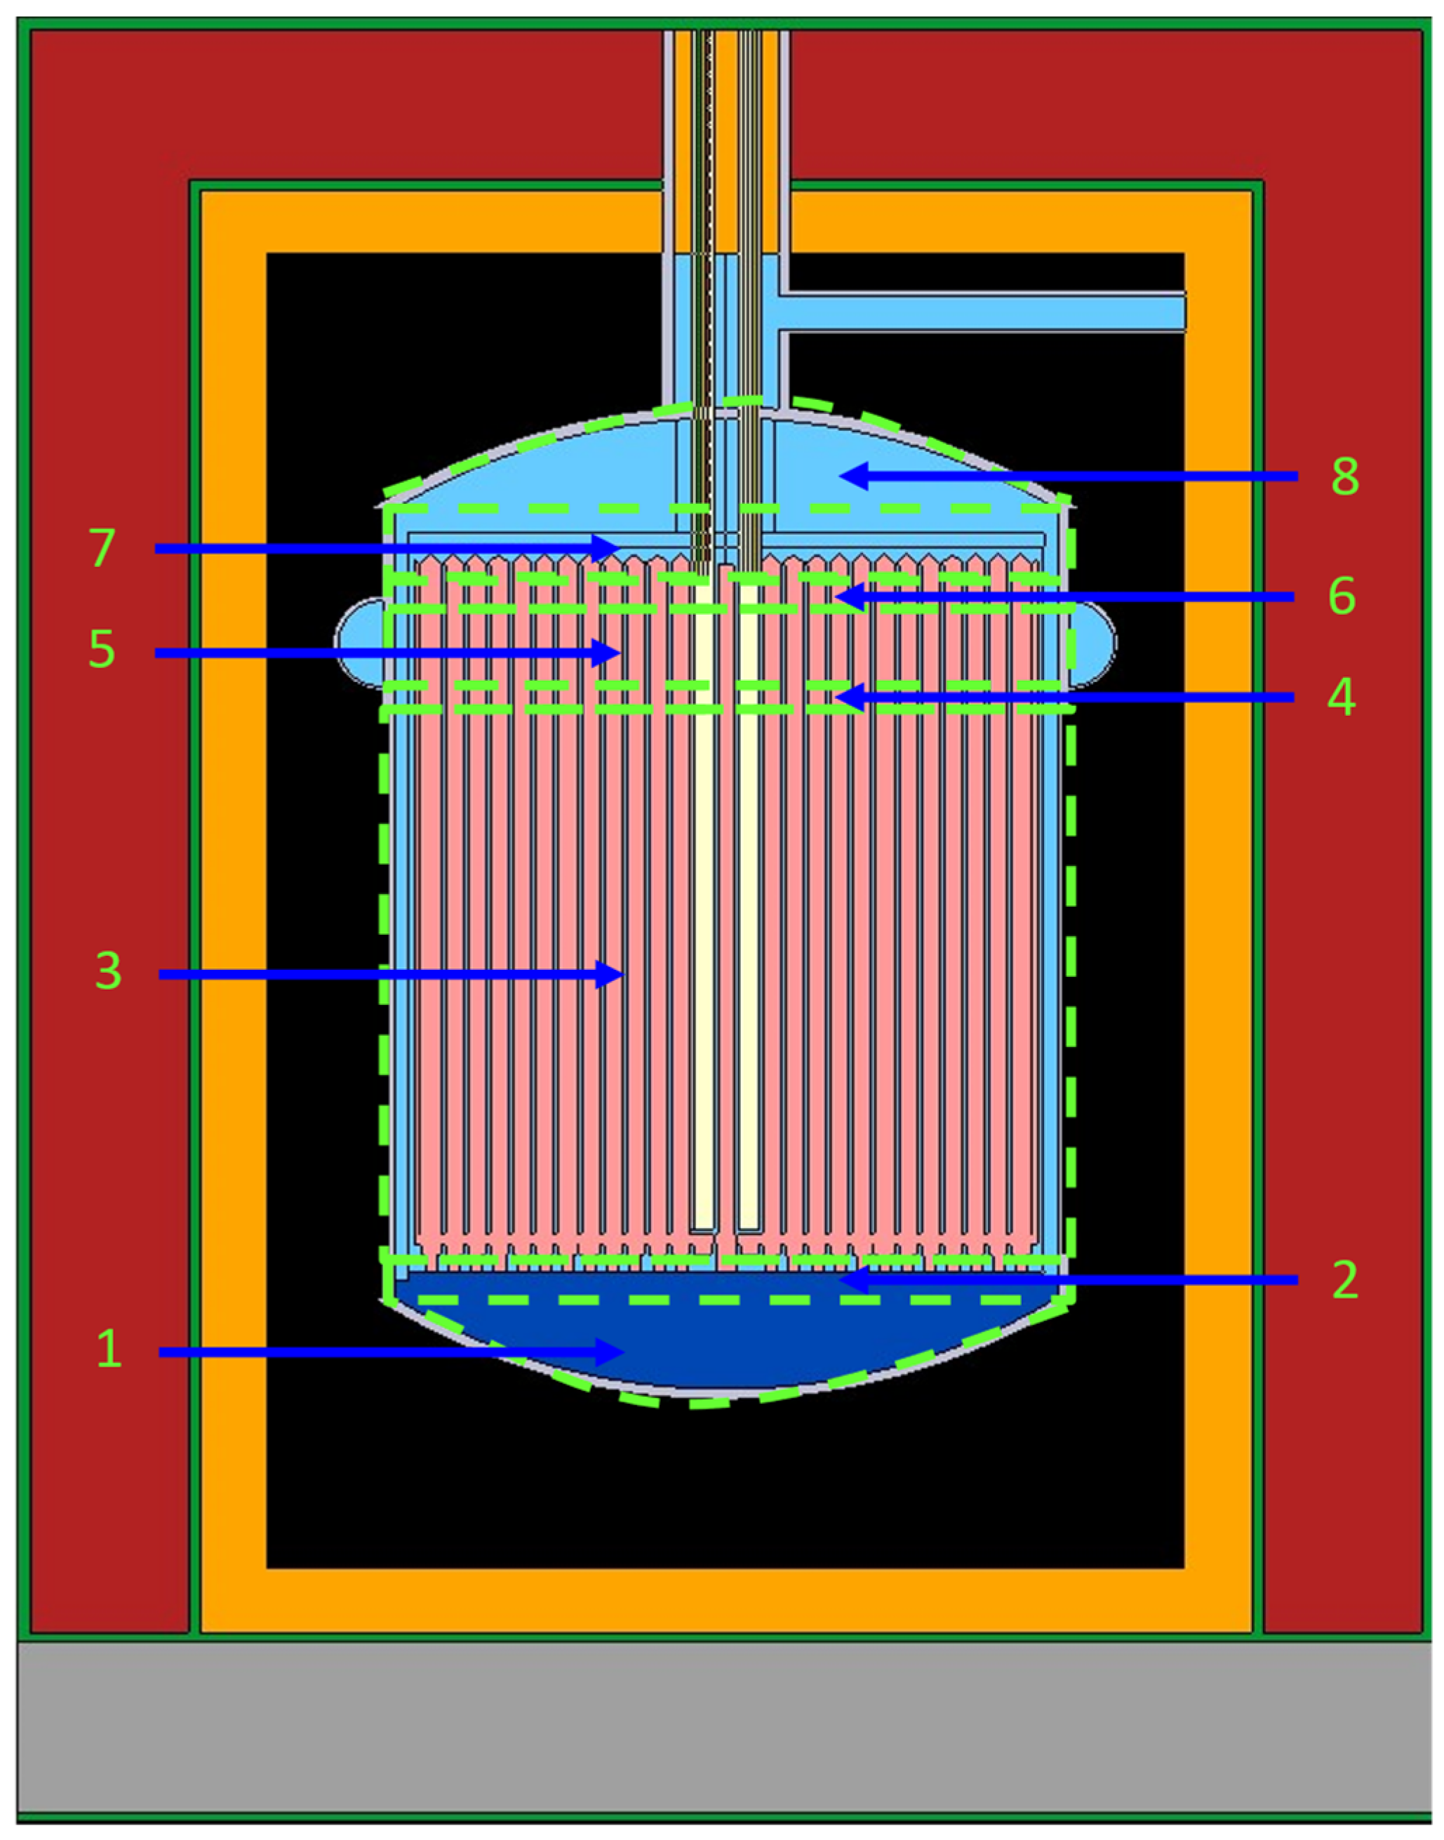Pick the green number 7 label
[102, 548]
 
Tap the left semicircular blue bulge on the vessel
[359, 642]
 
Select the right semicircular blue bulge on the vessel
[1094, 642]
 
